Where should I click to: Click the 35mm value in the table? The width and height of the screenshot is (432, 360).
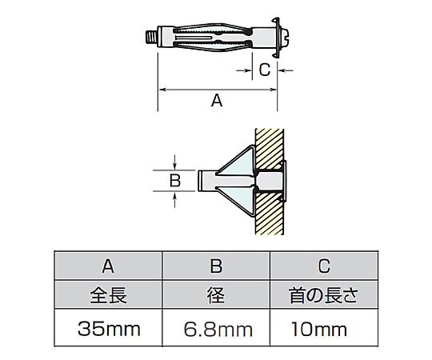pyautogui.click(x=109, y=329)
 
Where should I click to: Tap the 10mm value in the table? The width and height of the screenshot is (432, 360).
pyautogui.click(x=318, y=329)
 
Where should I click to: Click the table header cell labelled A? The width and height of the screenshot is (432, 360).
pyautogui.click(x=108, y=266)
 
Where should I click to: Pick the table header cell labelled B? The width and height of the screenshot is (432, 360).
pyautogui.click(x=216, y=266)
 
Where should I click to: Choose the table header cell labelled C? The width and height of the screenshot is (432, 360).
pyautogui.click(x=324, y=266)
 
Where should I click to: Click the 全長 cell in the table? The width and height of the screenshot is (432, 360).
pyautogui.click(x=108, y=295)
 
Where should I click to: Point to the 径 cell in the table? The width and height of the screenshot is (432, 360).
pyautogui.click(x=216, y=295)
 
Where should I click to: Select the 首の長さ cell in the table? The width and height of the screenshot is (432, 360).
pyautogui.click(x=324, y=295)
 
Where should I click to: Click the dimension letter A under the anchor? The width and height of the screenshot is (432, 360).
pyautogui.click(x=217, y=100)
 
